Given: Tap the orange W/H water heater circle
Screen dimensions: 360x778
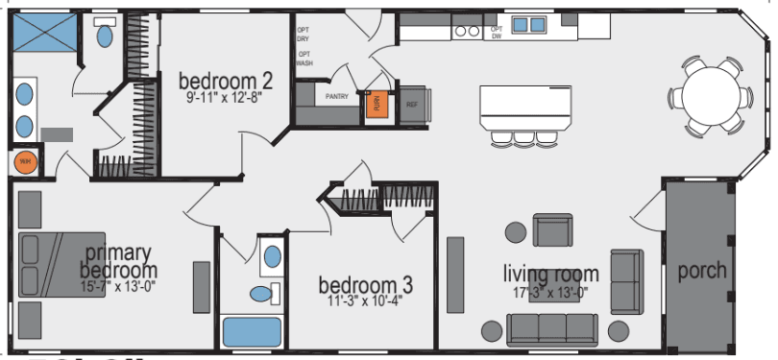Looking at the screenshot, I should coord(24,162).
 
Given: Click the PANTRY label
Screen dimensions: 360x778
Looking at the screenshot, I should coord(337,97).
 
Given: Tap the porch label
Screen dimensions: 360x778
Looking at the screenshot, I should coord(701,272).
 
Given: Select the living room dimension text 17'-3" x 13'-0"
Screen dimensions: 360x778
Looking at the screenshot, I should coord(551,292).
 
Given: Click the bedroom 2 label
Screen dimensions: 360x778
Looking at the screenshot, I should coord(220,80).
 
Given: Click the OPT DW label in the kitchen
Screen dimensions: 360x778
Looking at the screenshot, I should coord(497,34).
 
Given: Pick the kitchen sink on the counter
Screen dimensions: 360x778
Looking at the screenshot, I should coord(527,25).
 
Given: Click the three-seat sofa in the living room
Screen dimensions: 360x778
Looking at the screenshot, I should coord(551,328).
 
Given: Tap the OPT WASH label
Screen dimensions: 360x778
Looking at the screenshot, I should coord(304,59).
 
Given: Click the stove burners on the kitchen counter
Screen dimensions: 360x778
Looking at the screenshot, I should coord(467,31).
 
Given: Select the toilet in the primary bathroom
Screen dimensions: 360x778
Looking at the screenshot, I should coord(105,35).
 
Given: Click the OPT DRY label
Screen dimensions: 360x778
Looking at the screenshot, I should coord(304,34).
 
